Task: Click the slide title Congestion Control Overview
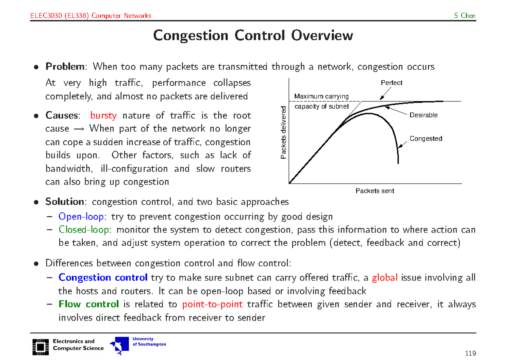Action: (x=253, y=35)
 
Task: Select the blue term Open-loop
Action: (x=81, y=217)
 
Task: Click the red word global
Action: (x=385, y=278)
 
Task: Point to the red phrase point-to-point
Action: (x=212, y=304)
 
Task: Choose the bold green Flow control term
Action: (x=89, y=304)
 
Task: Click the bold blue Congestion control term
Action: (x=103, y=278)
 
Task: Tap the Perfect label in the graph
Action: (x=391, y=83)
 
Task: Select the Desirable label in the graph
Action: (x=423, y=115)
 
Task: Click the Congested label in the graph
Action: (x=425, y=138)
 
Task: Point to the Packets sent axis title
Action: (x=375, y=191)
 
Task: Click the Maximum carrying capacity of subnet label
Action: (x=322, y=101)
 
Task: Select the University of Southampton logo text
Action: (x=149, y=342)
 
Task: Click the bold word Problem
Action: (x=65, y=67)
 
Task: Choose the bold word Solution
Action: (x=64, y=202)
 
